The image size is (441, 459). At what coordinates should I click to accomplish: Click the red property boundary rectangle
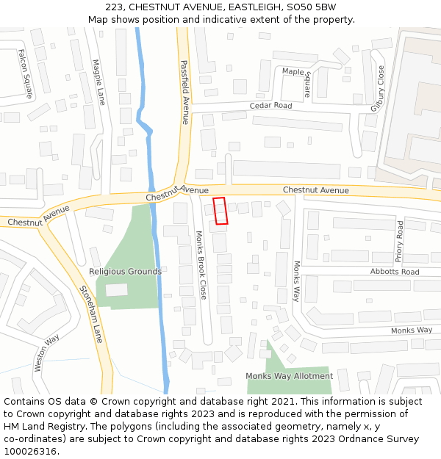tap(220, 211)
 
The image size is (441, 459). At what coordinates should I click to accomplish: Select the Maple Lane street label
tap(98, 82)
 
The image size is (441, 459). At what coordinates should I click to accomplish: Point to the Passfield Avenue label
tap(184, 92)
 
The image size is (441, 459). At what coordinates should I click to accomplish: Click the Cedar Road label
tap(270, 106)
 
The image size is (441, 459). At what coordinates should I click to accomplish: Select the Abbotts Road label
tap(395, 272)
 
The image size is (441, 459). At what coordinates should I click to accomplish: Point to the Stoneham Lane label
tap(91, 314)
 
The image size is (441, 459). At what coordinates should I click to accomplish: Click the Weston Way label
tap(48, 355)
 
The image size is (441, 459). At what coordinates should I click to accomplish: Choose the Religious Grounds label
tap(125, 272)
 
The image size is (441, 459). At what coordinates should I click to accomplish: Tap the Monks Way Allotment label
tap(289, 376)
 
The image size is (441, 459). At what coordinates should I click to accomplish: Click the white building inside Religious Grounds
tap(117, 289)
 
